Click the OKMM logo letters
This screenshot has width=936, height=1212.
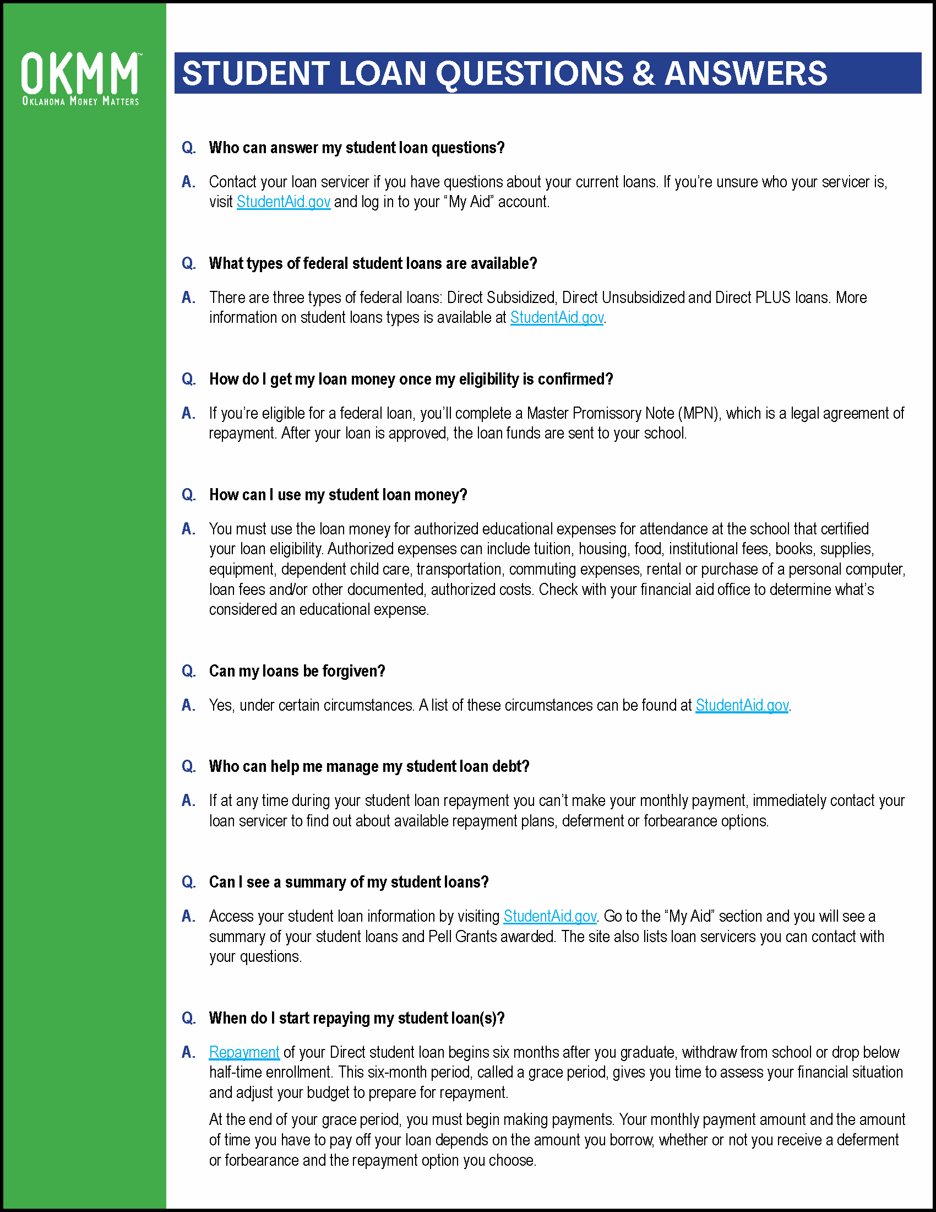[80, 73]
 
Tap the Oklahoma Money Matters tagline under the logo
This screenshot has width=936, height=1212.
[80, 101]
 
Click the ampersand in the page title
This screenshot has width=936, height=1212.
[643, 73]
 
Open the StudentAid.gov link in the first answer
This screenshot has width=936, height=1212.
[284, 202]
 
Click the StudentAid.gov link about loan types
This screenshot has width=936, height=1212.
[557, 317]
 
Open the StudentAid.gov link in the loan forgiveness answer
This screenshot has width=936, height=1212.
[742, 705]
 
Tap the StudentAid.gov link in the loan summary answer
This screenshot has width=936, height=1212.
[550, 916]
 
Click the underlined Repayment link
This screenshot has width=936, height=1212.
[244, 1052]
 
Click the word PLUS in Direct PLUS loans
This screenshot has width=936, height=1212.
[772, 297]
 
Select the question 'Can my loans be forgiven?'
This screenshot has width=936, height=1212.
[297, 672]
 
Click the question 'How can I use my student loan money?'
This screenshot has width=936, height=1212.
[338, 495]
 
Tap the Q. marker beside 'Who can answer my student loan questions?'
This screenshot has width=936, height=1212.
[188, 148]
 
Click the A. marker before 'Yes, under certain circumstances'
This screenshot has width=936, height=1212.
[188, 705]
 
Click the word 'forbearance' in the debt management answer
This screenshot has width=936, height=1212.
[680, 821]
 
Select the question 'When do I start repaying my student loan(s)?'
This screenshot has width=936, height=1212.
[357, 1018]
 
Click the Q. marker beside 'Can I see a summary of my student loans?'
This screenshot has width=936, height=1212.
[188, 883]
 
